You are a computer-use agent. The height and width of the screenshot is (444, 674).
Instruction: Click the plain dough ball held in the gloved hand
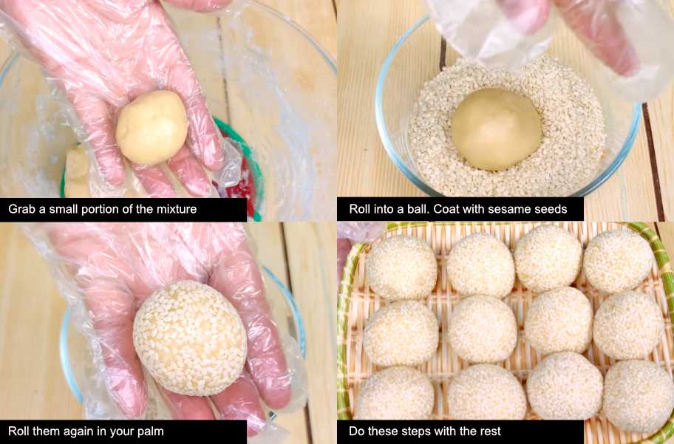pos(152,128)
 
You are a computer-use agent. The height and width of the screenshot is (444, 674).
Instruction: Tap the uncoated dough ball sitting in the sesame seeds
pos(496,129)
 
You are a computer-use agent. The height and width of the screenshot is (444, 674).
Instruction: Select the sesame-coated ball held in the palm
pos(190,338)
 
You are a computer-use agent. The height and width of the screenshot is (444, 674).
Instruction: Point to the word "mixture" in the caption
pos(177,209)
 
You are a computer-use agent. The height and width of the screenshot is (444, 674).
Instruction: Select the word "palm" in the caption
pos(151,431)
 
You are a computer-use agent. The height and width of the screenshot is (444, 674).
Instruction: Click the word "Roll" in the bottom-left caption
pos(17,431)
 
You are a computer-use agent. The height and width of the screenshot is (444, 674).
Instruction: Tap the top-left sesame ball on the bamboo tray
pos(401,267)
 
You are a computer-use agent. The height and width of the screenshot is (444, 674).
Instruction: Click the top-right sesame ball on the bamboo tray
pos(619,262)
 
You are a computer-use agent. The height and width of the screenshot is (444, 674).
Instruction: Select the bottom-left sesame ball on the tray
pos(394,392)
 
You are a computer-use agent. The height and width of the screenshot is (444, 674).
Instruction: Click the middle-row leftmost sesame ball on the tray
pos(401,333)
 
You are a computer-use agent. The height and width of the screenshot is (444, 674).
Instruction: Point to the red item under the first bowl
pos(241,190)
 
